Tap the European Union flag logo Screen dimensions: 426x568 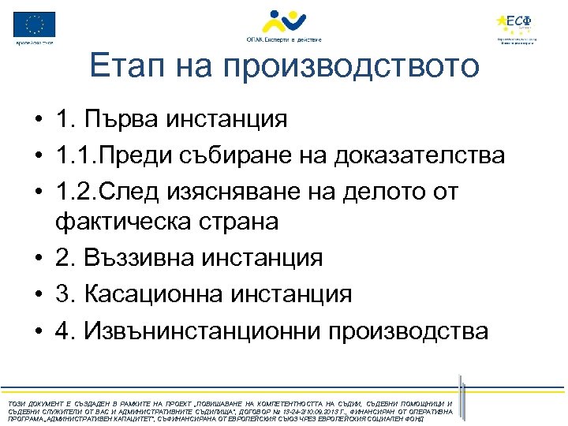pyautogui.click(x=35, y=24)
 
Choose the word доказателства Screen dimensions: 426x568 pyautogui.click(x=420, y=155)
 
